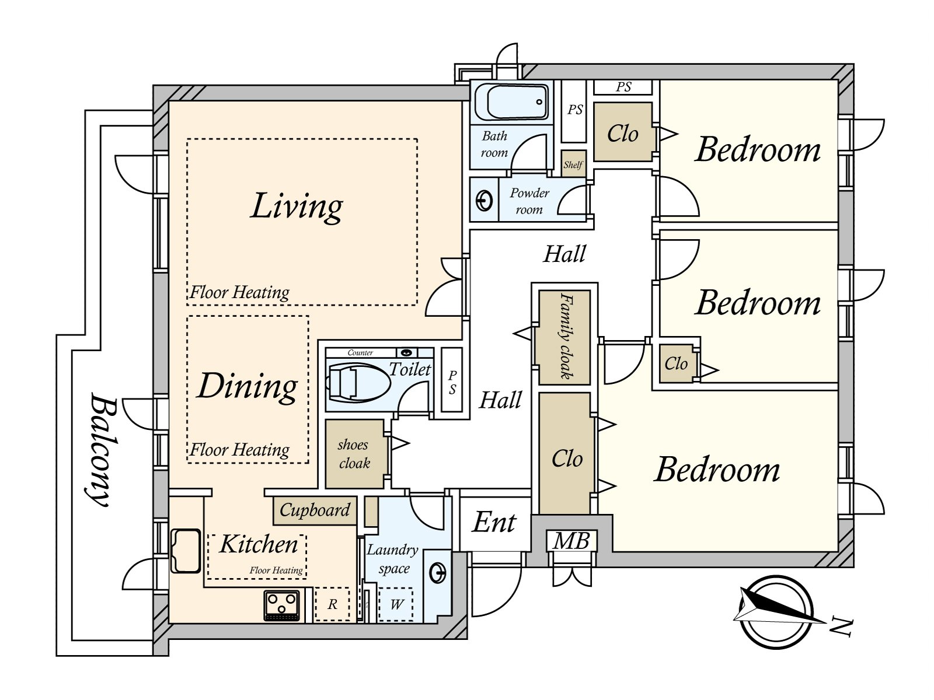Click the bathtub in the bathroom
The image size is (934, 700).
[511, 103]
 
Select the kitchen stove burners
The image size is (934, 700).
[281, 605]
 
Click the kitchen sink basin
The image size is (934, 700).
[185, 551]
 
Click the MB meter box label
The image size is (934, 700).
[571, 541]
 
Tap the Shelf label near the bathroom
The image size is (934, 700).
[573, 164]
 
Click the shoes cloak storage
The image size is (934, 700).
[354, 454]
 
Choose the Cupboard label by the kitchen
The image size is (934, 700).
[315, 510]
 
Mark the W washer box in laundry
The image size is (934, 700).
[396, 604]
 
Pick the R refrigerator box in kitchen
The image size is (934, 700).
[332, 604]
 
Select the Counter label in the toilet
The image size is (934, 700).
[360, 353]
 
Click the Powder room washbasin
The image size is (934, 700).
[485, 200]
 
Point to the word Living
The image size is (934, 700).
[297, 206]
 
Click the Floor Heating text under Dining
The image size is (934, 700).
[239, 450]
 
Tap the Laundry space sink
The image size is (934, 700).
[438, 575]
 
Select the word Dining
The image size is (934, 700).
[248, 386]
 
